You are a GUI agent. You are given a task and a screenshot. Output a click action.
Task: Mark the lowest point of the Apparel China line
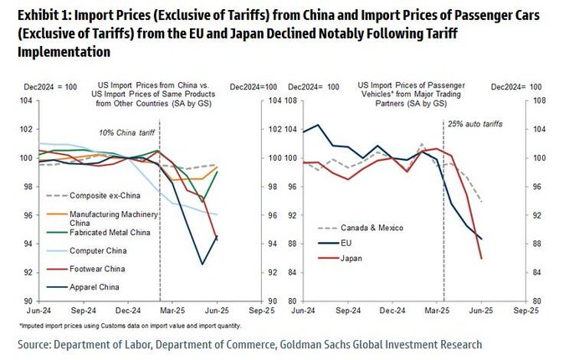[202, 265]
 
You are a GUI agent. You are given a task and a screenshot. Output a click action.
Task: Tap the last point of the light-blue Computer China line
[218, 215]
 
